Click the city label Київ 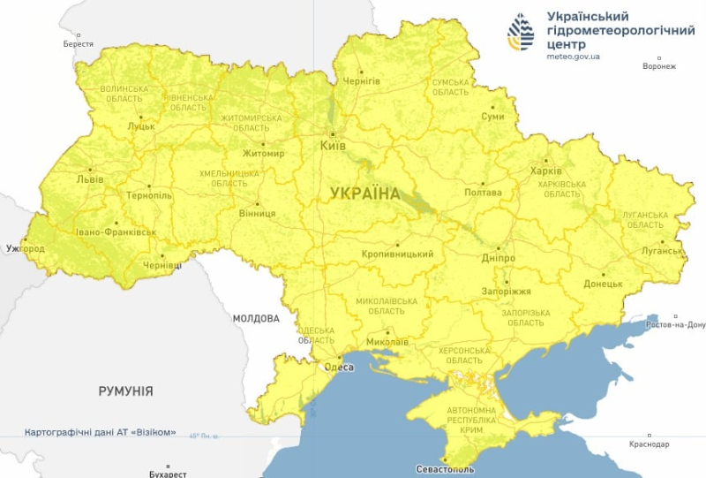(x=333, y=145)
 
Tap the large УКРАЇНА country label (x=364, y=193)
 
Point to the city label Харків (x=545, y=171)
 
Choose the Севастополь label (x=446, y=469)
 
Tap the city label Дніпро (x=499, y=258)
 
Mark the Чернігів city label (x=361, y=81)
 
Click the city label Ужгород (x=25, y=249)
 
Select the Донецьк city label (x=604, y=285)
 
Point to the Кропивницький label (x=397, y=254)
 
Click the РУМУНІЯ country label (x=125, y=391)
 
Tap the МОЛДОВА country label (x=256, y=318)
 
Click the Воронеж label (x=659, y=66)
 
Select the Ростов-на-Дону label (x=676, y=325)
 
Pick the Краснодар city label (x=650, y=444)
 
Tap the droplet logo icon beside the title (x=521, y=32)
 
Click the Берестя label (x=79, y=43)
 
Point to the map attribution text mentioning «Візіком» (x=101, y=433)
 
